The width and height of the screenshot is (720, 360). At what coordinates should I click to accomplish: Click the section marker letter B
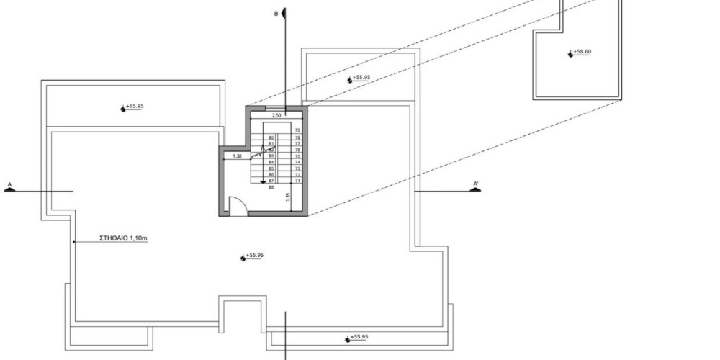click(275, 13)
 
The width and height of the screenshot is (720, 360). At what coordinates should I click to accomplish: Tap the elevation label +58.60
click(581, 53)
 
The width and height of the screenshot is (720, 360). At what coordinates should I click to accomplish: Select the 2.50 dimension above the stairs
click(276, 115)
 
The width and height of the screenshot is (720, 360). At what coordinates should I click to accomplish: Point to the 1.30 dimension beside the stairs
click(236, 156)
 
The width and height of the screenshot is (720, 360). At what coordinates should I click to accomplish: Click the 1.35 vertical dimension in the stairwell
click(287, 196)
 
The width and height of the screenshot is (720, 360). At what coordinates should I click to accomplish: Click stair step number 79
click(297, 130)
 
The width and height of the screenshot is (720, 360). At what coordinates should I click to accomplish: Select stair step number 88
click(271, 187)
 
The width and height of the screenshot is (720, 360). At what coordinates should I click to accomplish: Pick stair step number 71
click(297, 181)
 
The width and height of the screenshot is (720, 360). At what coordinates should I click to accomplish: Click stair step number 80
click(271, 137)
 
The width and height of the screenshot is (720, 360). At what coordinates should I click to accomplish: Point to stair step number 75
click(297, 156)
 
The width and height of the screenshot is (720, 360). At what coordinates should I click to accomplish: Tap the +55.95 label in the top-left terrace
click(135, 107)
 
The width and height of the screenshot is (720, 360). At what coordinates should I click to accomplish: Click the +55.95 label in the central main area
click(255, 256)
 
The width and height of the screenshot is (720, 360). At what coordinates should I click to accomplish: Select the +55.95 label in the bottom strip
click(359, 337)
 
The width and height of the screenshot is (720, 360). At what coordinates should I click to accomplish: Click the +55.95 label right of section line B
click(361, 78)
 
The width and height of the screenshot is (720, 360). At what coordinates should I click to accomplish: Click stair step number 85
click(271, 168)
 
